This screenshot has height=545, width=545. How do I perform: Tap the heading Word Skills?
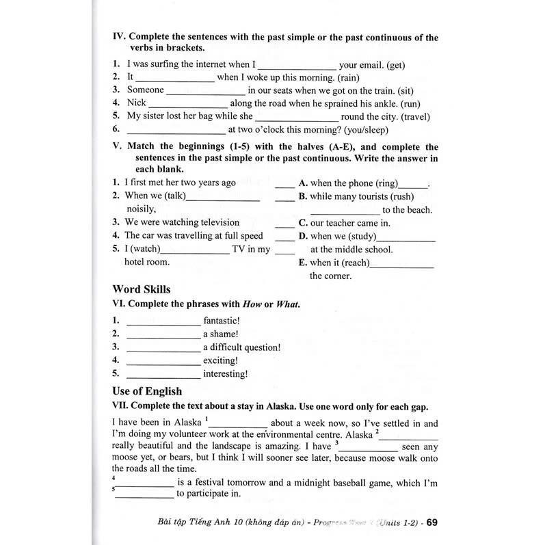point(142,289)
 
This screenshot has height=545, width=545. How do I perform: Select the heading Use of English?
point(147,391)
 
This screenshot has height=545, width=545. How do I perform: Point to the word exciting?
point(220,360)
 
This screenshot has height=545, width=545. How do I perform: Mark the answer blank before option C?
point(284,223)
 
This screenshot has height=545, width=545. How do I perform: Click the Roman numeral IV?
point(118,38)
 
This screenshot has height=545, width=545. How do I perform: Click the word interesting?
point(225,374)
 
